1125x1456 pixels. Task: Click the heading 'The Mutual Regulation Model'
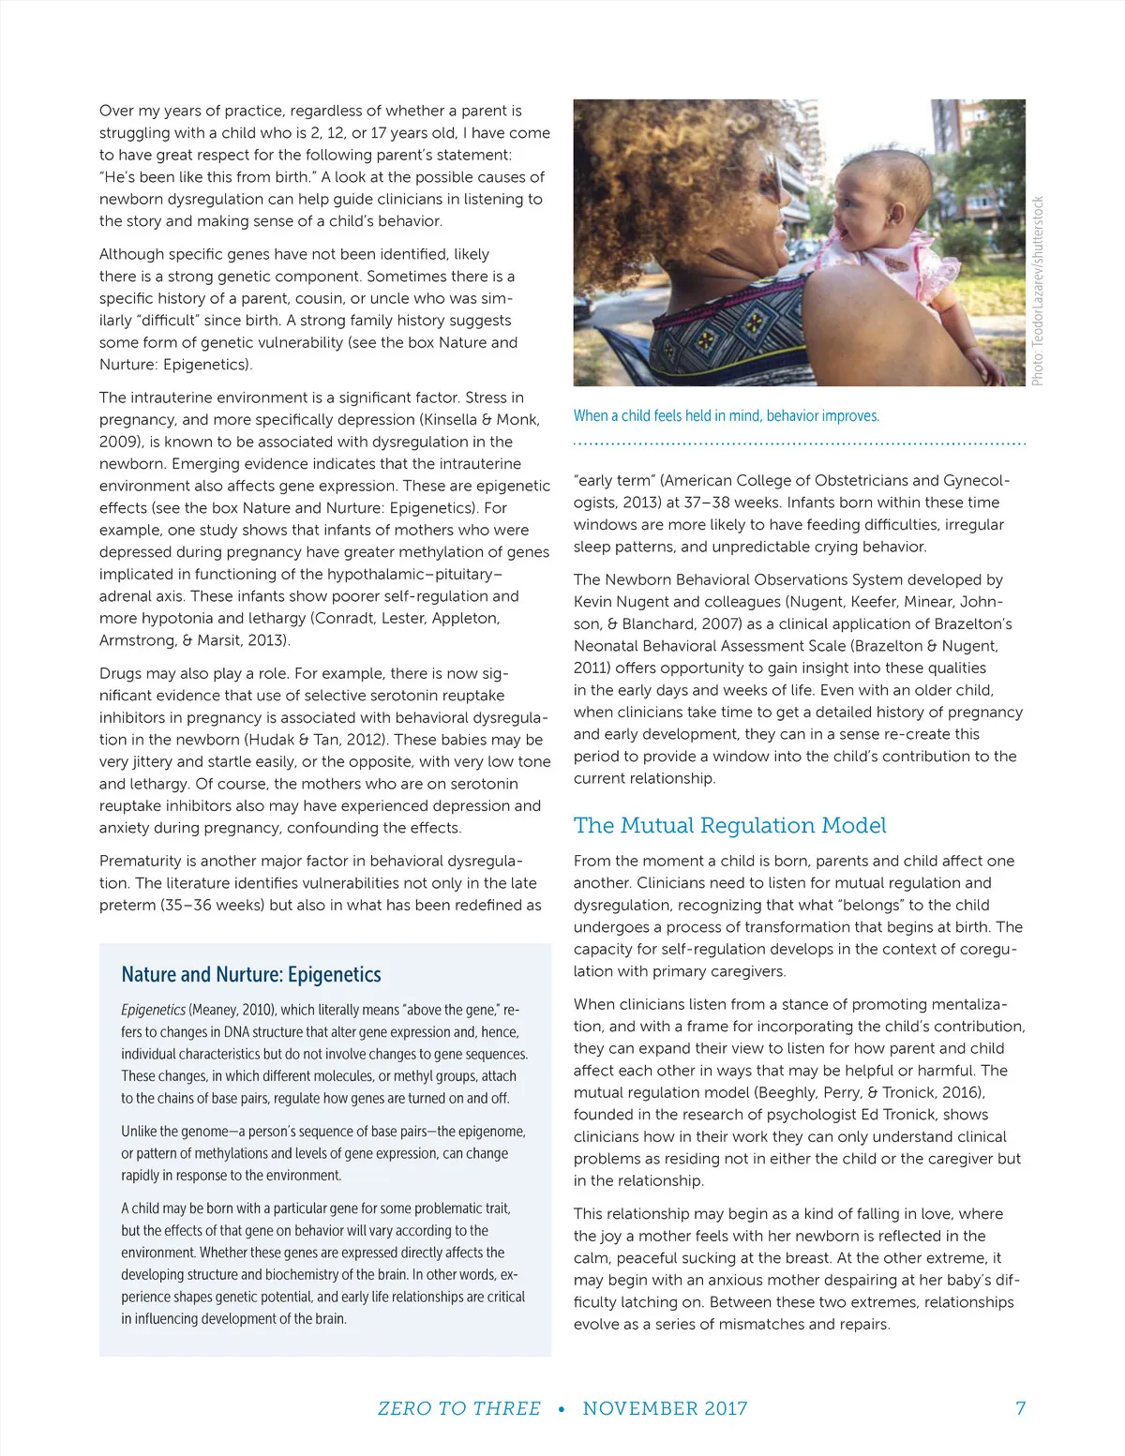click(x=729, y=826)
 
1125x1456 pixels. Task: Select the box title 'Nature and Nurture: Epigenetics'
click(x=251, y=975)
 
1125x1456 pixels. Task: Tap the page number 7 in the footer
click(x=1020, y=1408)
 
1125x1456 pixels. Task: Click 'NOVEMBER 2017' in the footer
click(x=665, y=1408)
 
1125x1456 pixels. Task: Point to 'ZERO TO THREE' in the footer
click(x=458, y=1408)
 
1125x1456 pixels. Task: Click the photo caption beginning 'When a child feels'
click(x=726, y=416)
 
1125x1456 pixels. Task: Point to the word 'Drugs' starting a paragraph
click(x=120, y=673)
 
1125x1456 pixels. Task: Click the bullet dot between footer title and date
click(x=562, y=1408)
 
